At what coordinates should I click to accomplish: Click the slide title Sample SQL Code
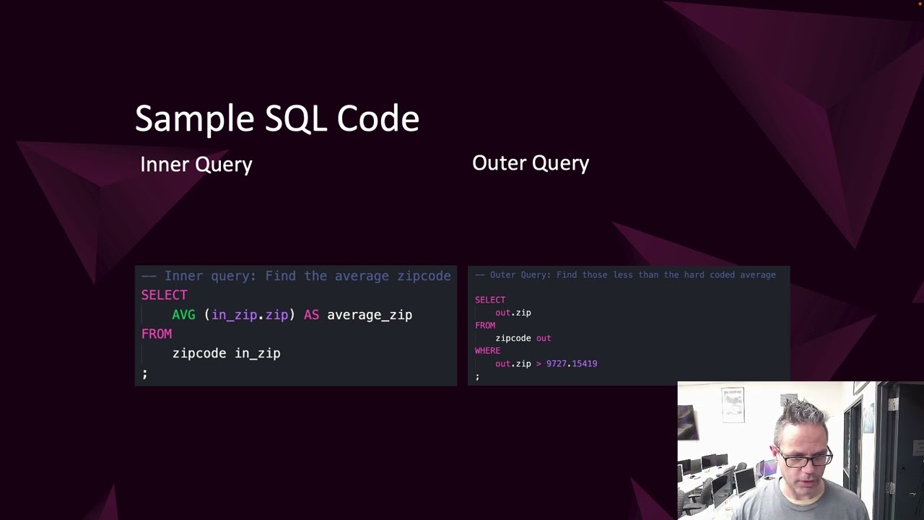[276, 118]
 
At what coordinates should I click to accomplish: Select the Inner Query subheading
[196, 165]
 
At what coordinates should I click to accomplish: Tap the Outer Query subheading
[531, 163]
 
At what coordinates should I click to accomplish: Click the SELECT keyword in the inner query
[164, 295]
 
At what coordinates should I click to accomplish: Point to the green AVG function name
[183, 315]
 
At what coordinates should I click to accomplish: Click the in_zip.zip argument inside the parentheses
[250, 315]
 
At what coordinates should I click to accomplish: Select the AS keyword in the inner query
[311, 315]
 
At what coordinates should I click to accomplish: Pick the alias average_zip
[370, 315]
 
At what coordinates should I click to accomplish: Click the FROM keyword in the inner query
[157, 334]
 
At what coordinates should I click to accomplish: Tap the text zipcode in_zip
[226, 353]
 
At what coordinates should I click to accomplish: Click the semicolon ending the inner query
[144, 373]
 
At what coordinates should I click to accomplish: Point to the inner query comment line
[296, 276]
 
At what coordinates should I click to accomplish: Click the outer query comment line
[625, 275]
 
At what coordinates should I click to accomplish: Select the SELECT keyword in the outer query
[490, 300]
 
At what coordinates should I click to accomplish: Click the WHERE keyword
[487, 351]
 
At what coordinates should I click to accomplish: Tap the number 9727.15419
[572, 364]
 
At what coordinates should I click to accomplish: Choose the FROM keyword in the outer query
[485, 326]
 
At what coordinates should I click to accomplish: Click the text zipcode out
[523, 338]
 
